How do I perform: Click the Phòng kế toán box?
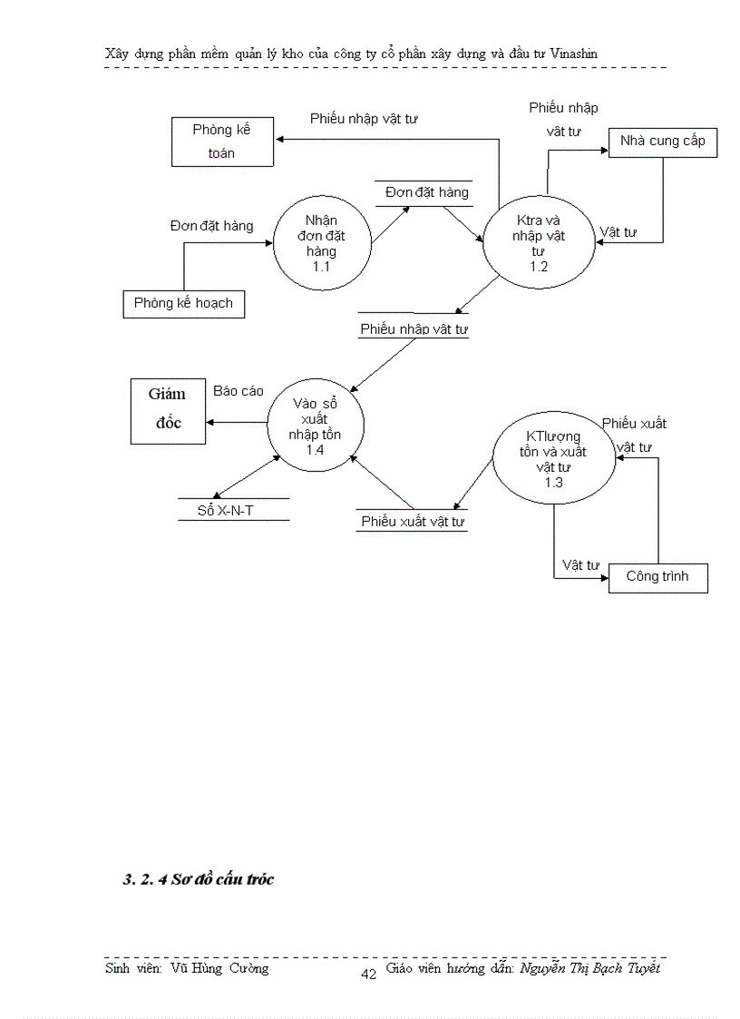coord(222,142)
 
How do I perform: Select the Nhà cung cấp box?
coord(663,142)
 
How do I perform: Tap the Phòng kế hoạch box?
coord(184,303)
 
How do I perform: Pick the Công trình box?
coord(657,577)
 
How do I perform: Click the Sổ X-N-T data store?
coord(232,510)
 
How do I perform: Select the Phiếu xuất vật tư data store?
coord(413,521)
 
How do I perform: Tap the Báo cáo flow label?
coord(239,391)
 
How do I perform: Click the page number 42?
coord(368,975)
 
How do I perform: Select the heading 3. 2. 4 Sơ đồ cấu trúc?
coord(198,879)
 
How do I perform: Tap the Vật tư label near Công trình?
coord(580,565)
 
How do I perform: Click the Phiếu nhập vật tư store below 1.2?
coord(414,328)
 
